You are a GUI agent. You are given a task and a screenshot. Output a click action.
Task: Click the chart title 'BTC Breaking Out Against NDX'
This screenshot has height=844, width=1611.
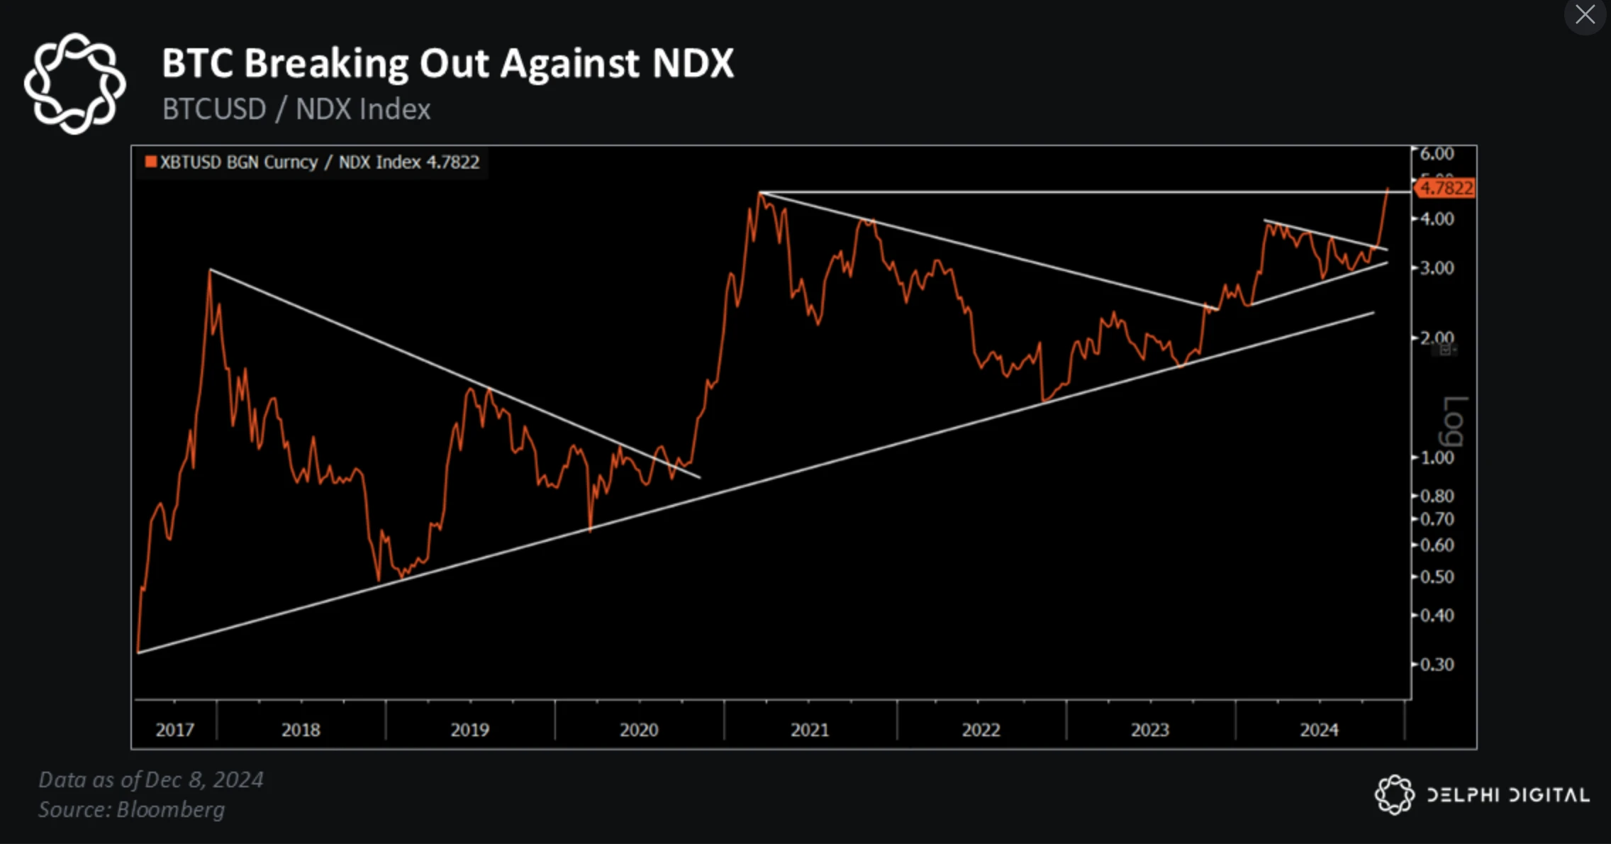pos(447,64)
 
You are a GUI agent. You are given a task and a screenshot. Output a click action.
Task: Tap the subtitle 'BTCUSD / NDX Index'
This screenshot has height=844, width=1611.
pos(296,109)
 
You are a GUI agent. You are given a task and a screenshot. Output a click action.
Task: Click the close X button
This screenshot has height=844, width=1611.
pos(1585,14)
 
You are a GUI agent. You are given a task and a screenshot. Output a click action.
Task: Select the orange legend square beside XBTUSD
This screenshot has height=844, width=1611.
pos(150,162)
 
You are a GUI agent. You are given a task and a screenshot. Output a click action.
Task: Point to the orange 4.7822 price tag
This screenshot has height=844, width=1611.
pos(1446,188)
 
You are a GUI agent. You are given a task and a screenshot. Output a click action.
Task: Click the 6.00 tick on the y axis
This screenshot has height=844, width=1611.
pos(1437,154)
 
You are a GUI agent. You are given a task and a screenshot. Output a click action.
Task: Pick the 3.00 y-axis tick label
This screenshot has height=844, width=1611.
pos(1437,268)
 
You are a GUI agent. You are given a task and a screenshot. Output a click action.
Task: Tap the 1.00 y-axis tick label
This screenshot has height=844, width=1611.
pos(1437,457)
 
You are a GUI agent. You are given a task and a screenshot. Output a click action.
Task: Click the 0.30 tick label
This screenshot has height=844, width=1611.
pos(1437,665)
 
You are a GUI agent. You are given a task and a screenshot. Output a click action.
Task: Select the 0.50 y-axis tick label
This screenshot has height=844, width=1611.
pos(1437,577)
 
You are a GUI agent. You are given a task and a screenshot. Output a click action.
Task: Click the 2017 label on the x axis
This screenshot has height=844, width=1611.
pos(174,730)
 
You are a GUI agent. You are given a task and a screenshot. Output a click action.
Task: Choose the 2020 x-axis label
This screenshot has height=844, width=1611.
pos(639,730)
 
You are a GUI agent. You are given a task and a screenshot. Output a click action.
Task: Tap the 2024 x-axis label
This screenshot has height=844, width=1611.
pos(1319,730)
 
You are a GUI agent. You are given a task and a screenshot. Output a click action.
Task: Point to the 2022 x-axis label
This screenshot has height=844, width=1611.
pos(981,730)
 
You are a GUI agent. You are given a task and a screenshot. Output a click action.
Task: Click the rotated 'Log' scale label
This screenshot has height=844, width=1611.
pos(1454,421)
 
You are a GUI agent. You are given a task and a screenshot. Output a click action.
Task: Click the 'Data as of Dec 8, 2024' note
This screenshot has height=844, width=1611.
pos(150,779)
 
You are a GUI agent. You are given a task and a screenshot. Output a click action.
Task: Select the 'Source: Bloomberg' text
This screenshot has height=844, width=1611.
pos(131,809)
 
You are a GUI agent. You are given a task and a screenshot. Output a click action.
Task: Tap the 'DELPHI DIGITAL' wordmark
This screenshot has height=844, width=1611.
pos(1507,795)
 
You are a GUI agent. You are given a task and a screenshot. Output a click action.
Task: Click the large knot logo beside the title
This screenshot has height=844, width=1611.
pos(74,84)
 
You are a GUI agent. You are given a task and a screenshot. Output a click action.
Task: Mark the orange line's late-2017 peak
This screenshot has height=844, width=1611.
pos(210,270)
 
